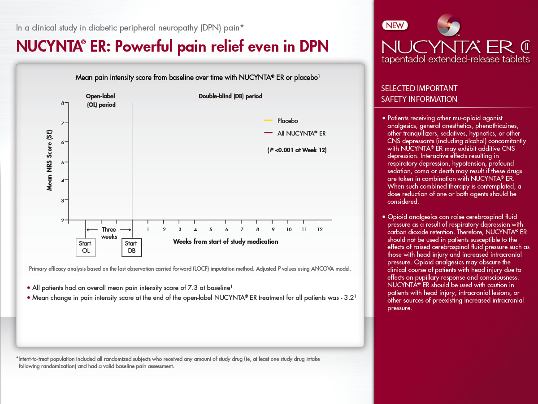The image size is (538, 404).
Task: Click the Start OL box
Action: coord(86,247)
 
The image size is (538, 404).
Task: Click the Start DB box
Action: coord(131,247)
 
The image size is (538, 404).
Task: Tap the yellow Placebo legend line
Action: coord(269,120)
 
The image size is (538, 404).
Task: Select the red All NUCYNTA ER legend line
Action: coord(269,133)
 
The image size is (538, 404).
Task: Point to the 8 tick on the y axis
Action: coord(66,103)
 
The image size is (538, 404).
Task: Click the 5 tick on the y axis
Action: coord(66,162)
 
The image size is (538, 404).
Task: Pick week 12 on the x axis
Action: coord(320,229)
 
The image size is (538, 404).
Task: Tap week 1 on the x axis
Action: coord(148,229)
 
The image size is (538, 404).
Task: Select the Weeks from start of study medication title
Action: coord(226,242)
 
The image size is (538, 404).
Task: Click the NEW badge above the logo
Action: coord(395,26)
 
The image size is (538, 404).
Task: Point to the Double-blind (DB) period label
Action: coord(230,96)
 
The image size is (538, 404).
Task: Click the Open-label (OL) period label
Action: coord(101,100)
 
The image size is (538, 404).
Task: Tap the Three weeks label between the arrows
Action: coord(109,233)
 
